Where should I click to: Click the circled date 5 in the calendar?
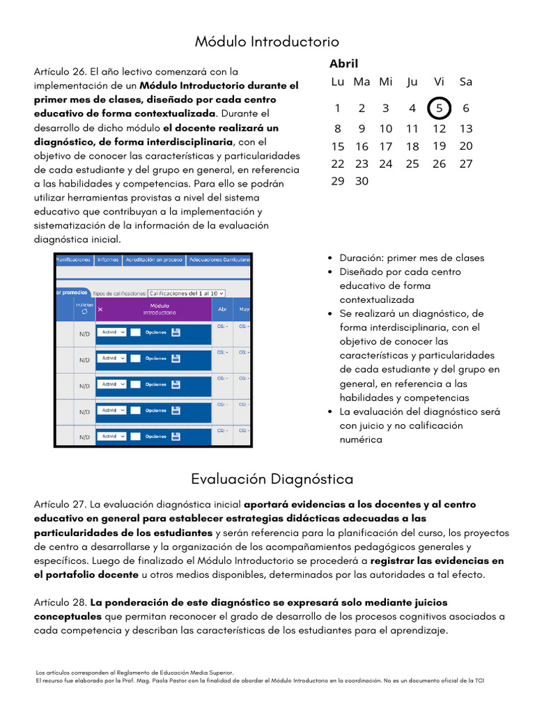(x=439, y=108)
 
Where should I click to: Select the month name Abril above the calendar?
(x=343, y=63)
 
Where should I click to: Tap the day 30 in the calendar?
(x=362, y=181)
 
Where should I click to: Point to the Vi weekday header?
(x=439, y=81)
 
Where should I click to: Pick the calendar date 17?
(x=386, y=146)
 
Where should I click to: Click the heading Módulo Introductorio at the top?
(x=267, y=42)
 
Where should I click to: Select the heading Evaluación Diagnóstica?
(x=272, y=479)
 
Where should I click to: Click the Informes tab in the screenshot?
(x=107, y=260)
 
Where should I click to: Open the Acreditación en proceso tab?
(x=153, y=260)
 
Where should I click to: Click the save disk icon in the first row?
(x=176, y=333)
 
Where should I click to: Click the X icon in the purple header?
(x=100, y=309)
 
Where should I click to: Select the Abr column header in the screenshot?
(x=222, y=309)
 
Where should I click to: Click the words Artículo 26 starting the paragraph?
(x=60, y=71)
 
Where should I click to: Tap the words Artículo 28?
(x=60, y=602)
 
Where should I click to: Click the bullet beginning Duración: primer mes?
(x=411, y=258)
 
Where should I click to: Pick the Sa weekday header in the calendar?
(x=466, y=81)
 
